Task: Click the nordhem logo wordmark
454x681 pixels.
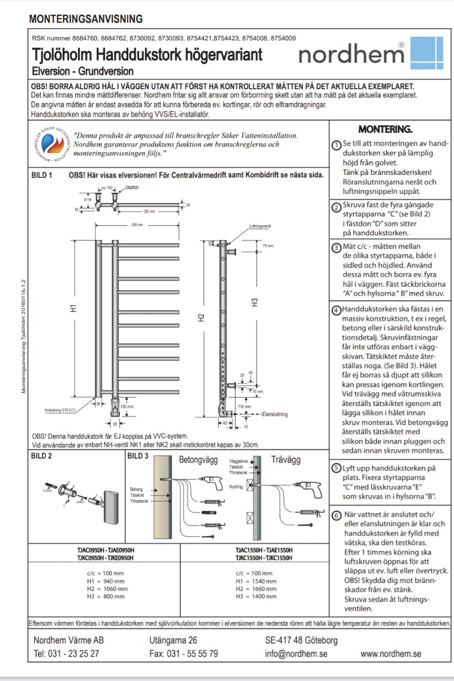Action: tap(351, 53)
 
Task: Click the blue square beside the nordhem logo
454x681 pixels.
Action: tap(426, 53)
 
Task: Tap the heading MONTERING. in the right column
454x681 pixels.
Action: tap(385, 129)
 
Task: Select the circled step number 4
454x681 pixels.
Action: tap(336, 309)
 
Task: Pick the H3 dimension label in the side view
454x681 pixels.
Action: tap(255, 302)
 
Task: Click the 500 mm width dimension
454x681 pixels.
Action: tap(138, 225)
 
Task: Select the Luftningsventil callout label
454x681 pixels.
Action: tap(261, 226)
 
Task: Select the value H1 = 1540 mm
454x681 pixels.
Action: tap(256, 581)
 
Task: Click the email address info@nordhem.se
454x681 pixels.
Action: tap(296, 654)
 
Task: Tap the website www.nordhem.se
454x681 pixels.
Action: tap(390, 654)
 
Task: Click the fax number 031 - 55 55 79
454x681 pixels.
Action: tap(183, 654)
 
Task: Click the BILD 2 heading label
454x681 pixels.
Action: tap(40, 456)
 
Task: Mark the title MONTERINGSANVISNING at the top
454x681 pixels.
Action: tap(86, 19)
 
